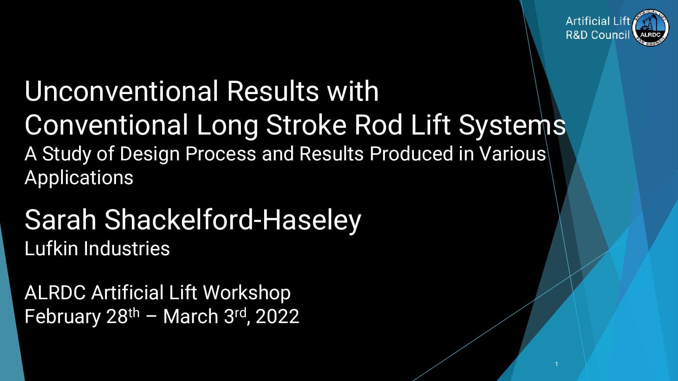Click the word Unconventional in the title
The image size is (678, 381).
tap(122, 91)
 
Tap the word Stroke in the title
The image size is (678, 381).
tap(306, 125)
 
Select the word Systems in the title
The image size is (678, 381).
tap(512, 125)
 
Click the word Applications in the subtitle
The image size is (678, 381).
tap(79, 178)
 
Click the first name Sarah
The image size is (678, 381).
tap(60, 220)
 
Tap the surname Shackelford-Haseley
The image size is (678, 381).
tap(233, 221)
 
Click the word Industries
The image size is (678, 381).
tap(127, 248)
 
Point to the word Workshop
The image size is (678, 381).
tap(247, 293)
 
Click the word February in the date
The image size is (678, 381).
tap(63, 317)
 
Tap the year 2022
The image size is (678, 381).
tap(277, 317)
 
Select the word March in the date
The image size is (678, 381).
tap(191, 317)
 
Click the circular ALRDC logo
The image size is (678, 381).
tap(651, 28)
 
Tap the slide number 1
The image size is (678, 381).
tap(556, 364)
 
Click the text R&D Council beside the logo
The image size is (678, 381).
tap(598, 35)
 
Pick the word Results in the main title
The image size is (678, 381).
tap(273, 91)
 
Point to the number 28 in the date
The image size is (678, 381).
tap(117, 317)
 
